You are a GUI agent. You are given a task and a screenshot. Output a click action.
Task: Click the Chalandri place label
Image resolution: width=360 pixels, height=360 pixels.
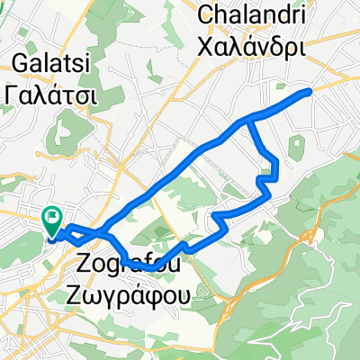(x=261, y=14)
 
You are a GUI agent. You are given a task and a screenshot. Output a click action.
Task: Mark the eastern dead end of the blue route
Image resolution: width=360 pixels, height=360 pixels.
(x=310, y=92)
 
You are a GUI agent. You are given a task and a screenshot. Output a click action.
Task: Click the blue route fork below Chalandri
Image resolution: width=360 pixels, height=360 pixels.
(x=249, y=120)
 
